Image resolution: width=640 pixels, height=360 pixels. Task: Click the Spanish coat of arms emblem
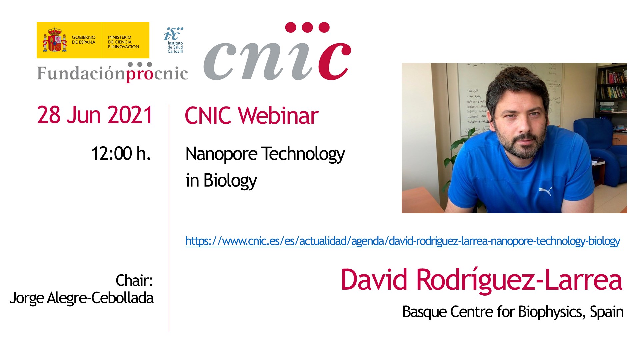tap(55, 40)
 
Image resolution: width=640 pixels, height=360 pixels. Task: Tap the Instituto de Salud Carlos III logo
tap(174, 40)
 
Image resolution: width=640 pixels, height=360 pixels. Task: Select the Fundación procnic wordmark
tap(112, 72)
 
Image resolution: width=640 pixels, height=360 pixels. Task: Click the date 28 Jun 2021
tap(95, 115)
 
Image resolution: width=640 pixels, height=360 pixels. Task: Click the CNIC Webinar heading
tap(252, 116)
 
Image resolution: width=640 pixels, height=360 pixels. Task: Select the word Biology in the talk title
tap(230, 180)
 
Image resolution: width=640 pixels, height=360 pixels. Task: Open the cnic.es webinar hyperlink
tap(403, 241)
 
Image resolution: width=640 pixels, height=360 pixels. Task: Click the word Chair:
tap(134, 280)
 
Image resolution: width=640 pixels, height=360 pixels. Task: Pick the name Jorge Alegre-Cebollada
tap(82, 298)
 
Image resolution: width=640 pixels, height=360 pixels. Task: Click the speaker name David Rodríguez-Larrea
tap(481, 280)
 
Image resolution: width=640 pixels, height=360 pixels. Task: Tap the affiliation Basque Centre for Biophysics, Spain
tap(513, 312)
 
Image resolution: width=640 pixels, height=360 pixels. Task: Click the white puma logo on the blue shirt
tap(545, 191)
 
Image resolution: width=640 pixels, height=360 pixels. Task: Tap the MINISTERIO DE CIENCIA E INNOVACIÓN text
tap(123, 42)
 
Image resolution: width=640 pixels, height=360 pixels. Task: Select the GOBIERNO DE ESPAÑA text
tap(84, 40)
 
